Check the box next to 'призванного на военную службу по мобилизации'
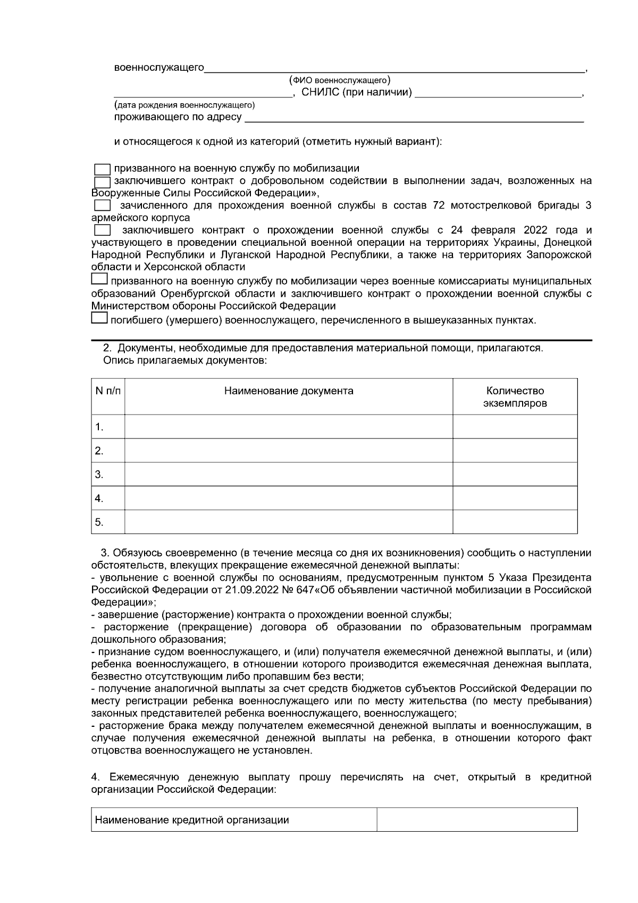click(x=102, y=169)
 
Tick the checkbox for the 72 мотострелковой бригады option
click(x=102, y=205)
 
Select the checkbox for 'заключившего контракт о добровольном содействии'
click(x=102, y=181)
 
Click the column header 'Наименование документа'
click(x=289, y=391)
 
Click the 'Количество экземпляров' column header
click(x=515, y=397)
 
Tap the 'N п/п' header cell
click(x=108, y=391)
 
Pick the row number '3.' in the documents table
click(x=99, y=474)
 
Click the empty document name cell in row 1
click(x=289, y=427)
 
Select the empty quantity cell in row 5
click(x=515, y=521)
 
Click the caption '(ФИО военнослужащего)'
click(x=340, y=80)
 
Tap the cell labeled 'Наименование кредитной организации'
click(x=192, y=820)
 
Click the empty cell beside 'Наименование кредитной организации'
click(x=477, y=819)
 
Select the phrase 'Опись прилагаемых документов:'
click(x=184, y=361)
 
